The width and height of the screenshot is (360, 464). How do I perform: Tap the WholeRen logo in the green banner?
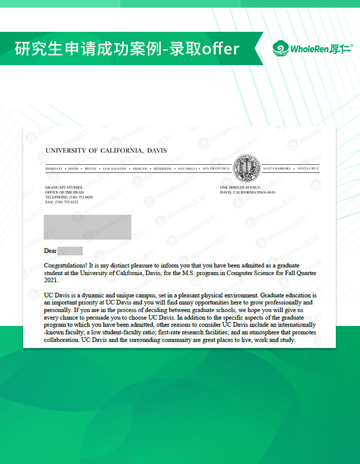pos(313,49)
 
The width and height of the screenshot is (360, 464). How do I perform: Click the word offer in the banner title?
pos(221,49)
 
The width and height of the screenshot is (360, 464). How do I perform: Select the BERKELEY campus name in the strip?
pos(54,168)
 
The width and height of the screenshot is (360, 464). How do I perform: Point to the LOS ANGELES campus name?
pos(115,168)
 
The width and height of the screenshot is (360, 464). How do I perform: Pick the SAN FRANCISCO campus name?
pos(216,168)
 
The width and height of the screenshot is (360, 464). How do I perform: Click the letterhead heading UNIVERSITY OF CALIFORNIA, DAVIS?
pos(106,150)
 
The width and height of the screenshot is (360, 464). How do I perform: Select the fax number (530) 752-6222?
pos(67,202)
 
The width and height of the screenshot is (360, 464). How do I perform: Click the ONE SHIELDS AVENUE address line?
pos(240,188)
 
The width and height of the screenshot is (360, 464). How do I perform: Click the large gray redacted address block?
pos(87,227)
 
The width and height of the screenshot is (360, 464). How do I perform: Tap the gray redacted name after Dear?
pos(70,251)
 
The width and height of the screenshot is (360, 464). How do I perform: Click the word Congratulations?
pos(66,265)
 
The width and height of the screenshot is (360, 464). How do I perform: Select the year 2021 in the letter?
pos(51,280)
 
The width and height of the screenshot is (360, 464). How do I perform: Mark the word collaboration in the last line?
pos(62,340)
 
